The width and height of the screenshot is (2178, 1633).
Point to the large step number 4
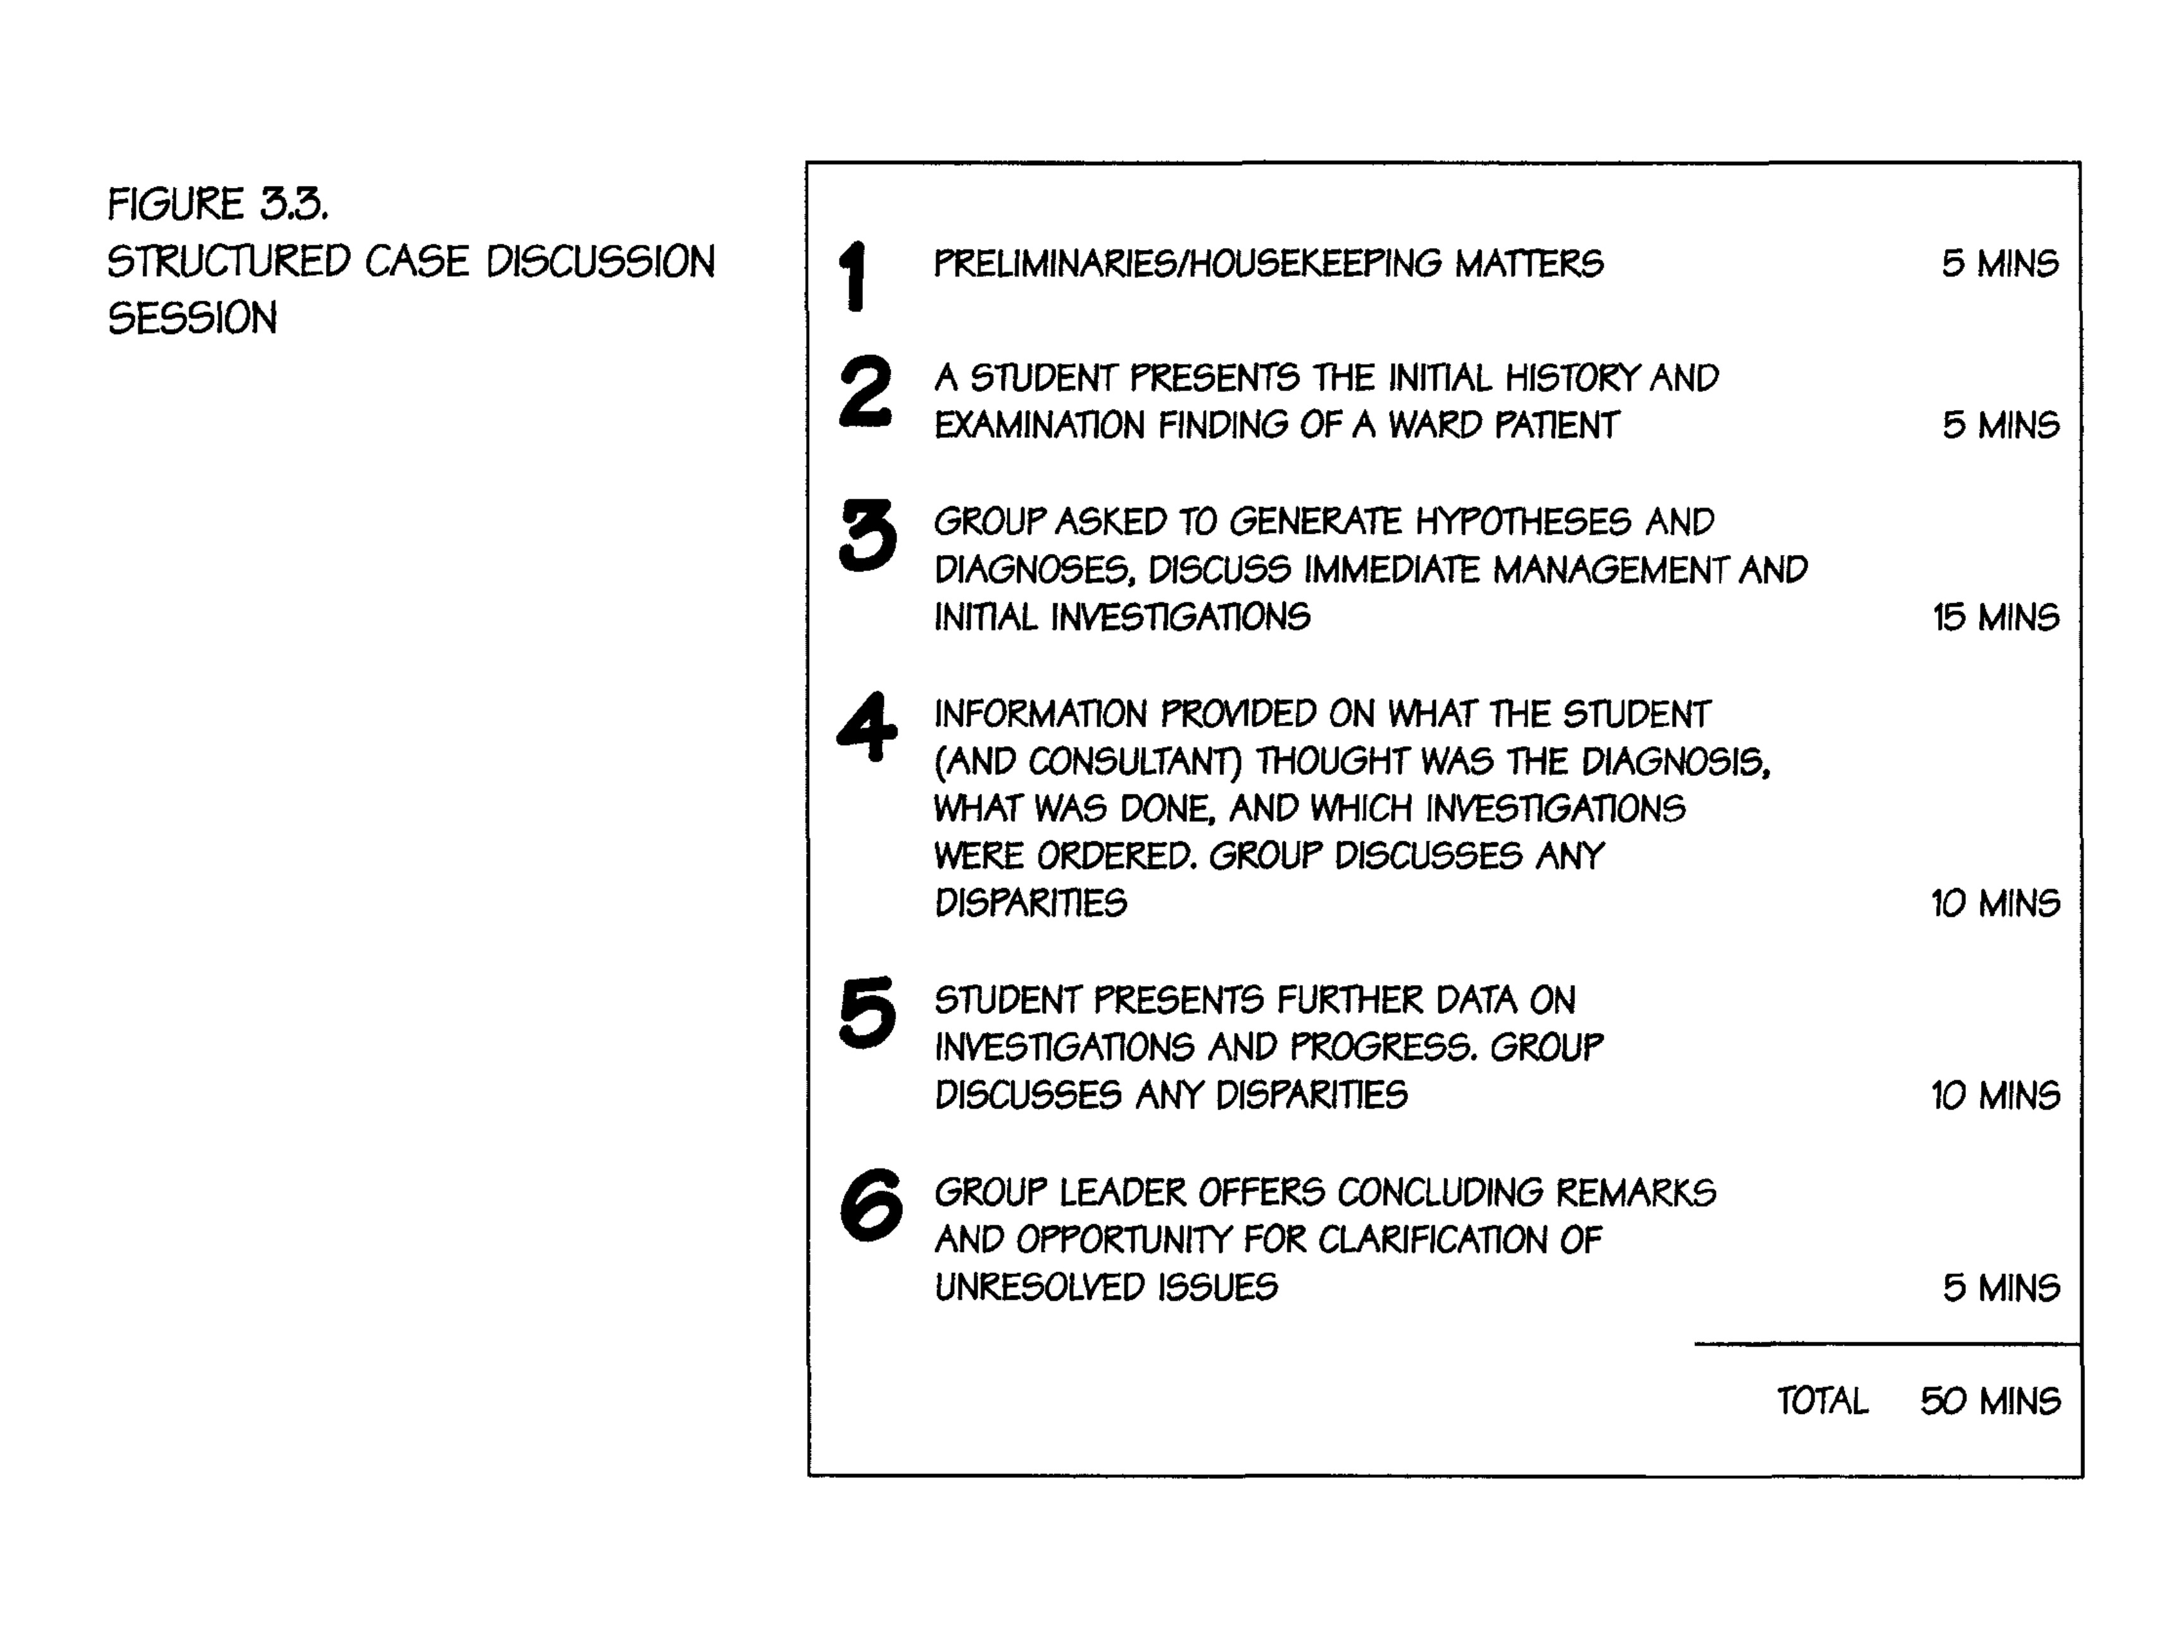(x=867, y=727)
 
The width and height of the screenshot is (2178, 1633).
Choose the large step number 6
(x=871, y=1205)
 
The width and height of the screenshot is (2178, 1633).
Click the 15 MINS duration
(x=1995, y=617)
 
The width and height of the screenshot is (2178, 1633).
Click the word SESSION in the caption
(x=192, y=318)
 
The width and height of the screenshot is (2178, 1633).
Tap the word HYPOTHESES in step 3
(x=1523, y=522)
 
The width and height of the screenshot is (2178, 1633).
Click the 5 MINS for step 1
(x=1999, y=264)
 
